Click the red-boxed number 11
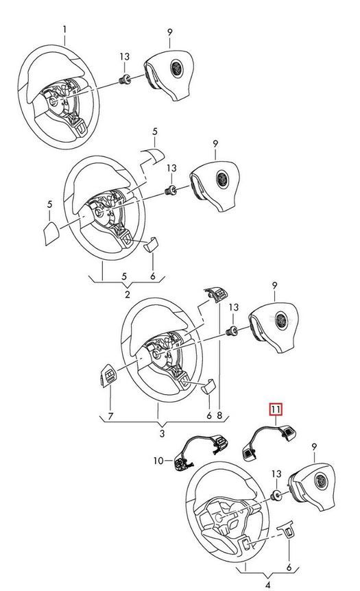[275, 409]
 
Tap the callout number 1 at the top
[65, 29]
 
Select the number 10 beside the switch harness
[158, 460]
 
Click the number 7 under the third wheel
[110, 416]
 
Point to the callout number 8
[219, 416]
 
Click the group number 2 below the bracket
[128, 294]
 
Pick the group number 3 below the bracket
[162, 433]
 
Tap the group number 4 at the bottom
[267, 585]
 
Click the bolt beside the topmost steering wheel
[125, 79]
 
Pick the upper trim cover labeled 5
[152, 156]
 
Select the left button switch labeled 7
[108, 376]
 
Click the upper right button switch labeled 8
[217, 293]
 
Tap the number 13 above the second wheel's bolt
[171, 168]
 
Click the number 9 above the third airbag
[274, 287]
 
